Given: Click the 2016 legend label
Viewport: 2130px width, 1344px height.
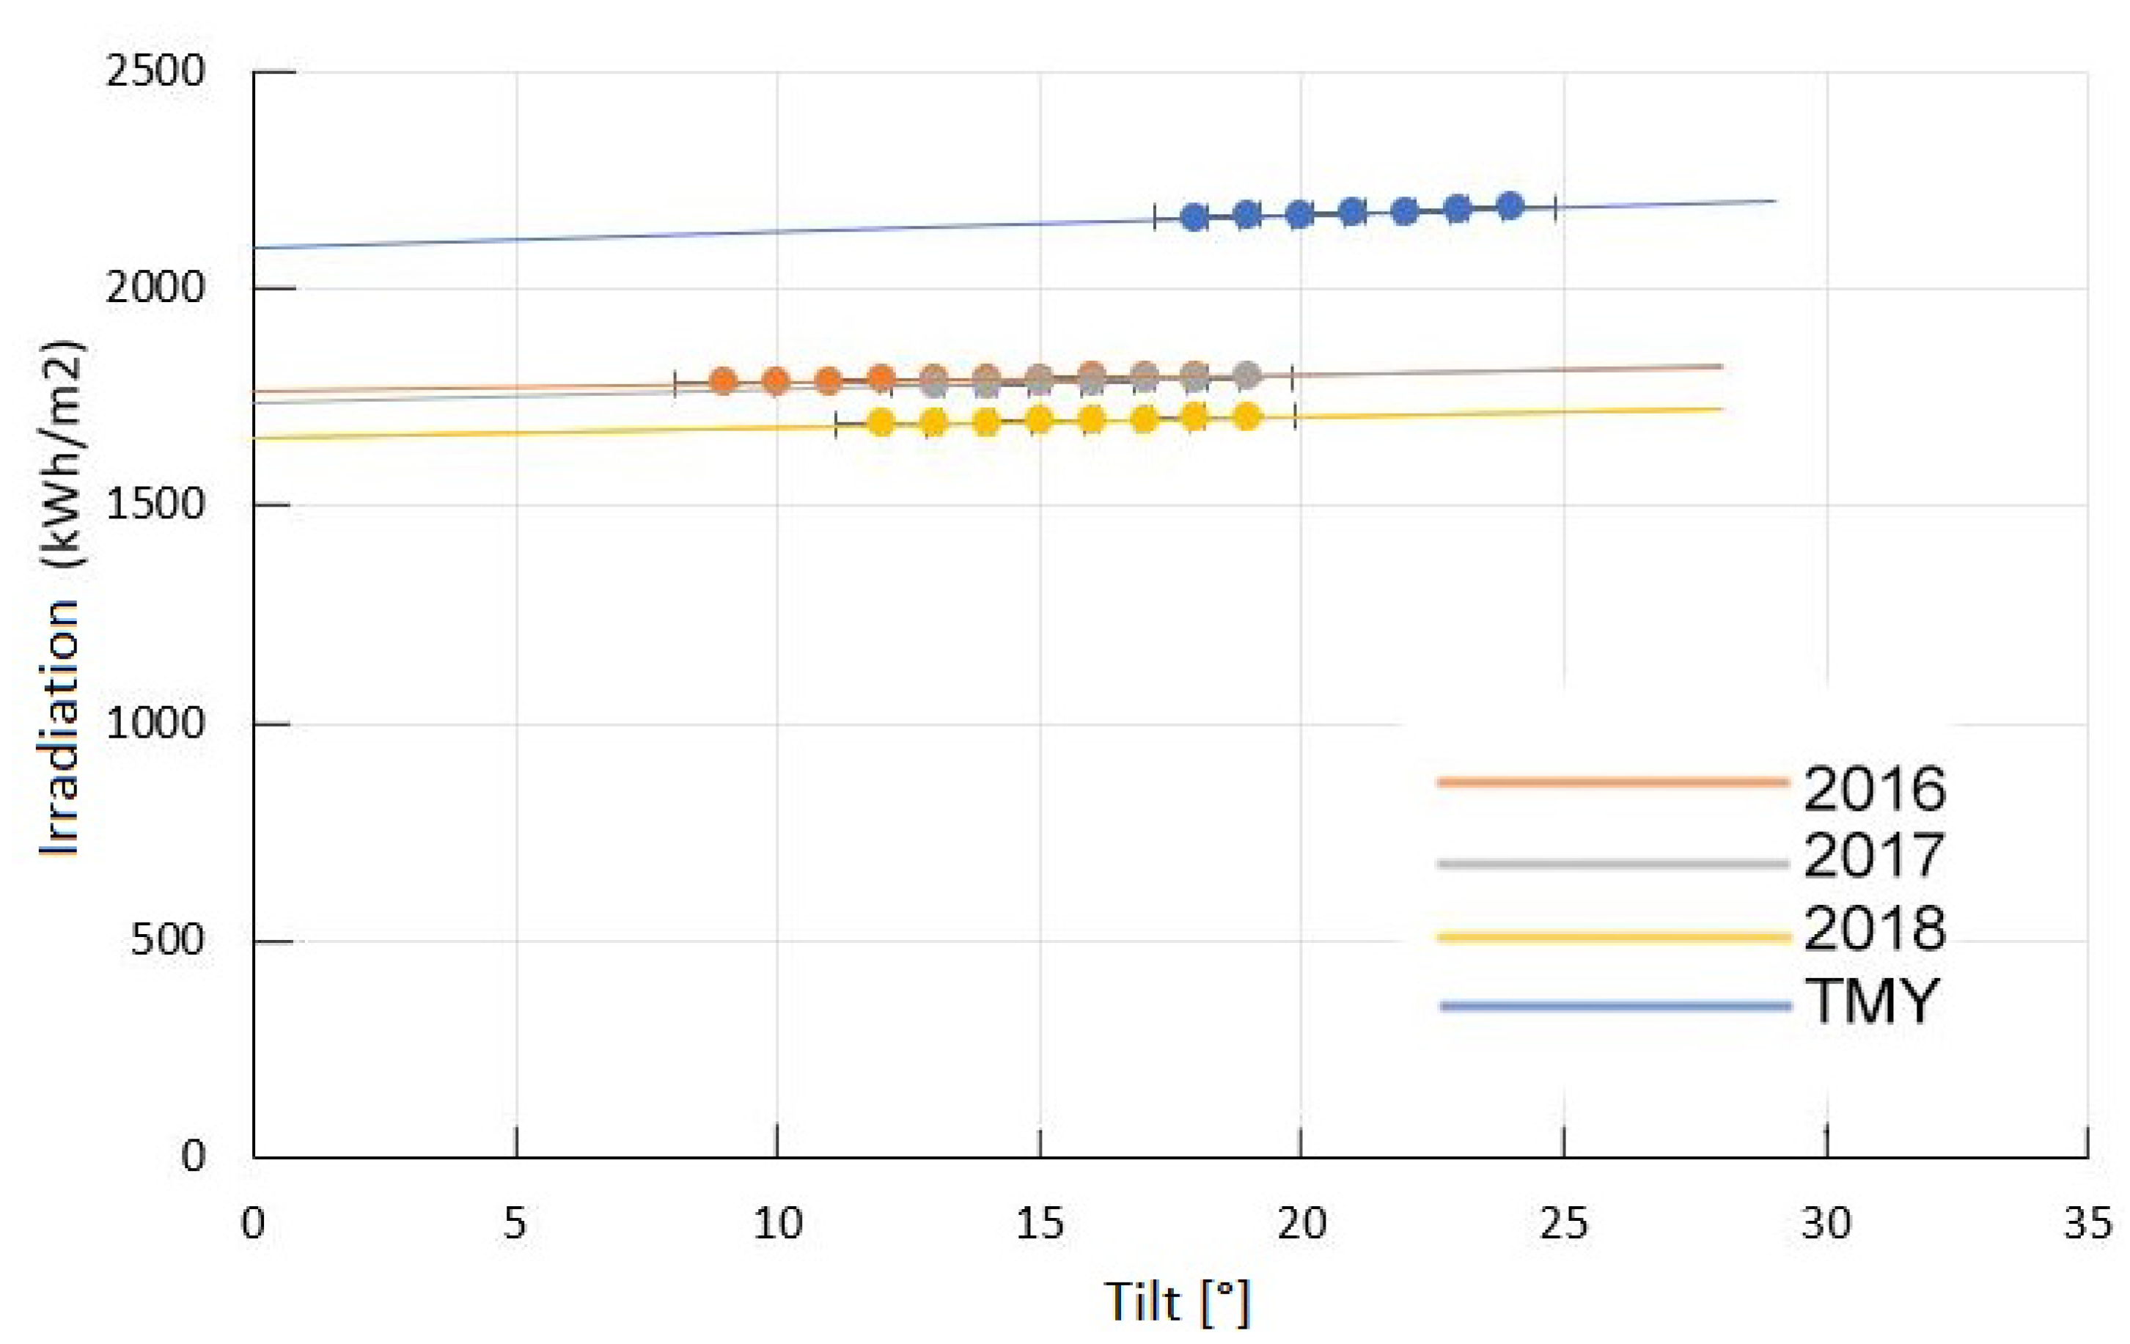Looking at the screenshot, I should [1873, 788].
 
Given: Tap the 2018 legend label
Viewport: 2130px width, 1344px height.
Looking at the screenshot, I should [1873, 928].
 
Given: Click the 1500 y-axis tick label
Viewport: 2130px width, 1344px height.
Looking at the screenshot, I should [155, 504].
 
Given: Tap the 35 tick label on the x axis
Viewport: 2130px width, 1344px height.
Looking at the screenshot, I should [2087, 1224].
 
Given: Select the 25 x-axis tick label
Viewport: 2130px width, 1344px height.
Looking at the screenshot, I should [1563, 1224].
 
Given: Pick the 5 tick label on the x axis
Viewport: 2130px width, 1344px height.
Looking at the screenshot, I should [515, 1224].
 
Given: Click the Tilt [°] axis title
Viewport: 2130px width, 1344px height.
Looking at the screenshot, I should [1177, 1301].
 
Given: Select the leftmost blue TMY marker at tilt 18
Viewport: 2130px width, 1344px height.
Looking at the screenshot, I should [1195, 217].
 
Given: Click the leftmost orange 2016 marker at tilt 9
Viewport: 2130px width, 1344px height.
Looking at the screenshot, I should [724, 381].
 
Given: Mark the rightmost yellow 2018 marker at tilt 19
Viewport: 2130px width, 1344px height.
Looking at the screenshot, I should [1247, 416].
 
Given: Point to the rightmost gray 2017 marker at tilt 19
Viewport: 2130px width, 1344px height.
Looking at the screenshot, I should [1247, 375].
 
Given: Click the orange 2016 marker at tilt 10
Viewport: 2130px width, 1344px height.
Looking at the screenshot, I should [776, 381].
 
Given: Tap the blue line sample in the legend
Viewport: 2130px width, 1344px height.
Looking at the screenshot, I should [1615, 1006].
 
